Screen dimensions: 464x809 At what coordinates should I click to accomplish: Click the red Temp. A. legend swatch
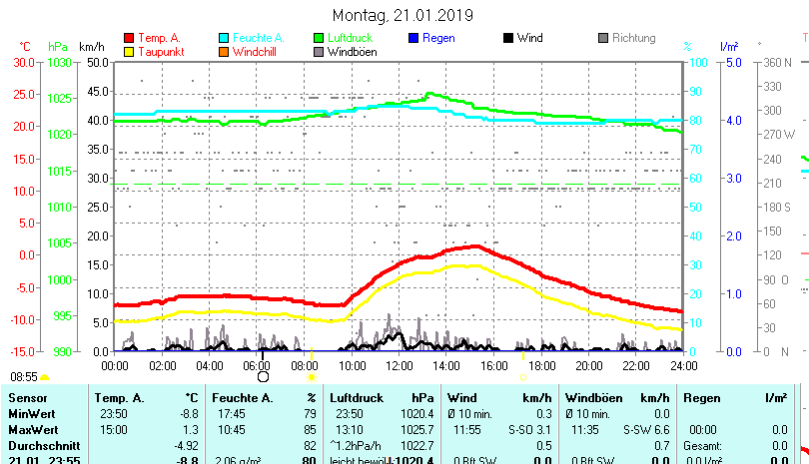129,38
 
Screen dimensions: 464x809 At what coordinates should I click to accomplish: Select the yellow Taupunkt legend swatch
129,51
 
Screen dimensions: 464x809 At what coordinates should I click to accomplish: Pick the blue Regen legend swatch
414,38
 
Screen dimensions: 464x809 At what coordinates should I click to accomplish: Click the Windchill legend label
258,51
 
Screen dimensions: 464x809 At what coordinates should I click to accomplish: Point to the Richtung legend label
633,38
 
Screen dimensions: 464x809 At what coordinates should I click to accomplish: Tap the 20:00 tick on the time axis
588,366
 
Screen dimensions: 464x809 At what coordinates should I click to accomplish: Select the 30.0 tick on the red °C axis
21,62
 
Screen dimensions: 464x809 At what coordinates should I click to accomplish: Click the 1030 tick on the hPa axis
59,62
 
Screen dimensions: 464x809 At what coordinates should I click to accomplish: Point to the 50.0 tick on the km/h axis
96,62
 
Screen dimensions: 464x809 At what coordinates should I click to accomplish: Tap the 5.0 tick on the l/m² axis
732,62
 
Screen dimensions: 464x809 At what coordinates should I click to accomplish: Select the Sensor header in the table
27,398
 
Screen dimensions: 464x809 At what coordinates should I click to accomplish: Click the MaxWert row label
33,429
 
